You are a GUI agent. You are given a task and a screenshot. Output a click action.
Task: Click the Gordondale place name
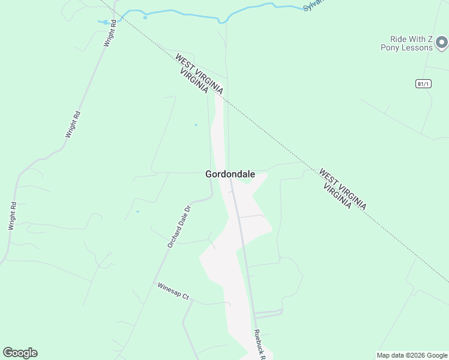point(230,175)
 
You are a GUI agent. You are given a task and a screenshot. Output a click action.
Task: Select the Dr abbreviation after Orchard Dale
point(188,209)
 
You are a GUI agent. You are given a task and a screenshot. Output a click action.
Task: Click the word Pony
point(390,47)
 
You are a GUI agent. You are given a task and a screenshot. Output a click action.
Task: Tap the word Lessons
point(417,47)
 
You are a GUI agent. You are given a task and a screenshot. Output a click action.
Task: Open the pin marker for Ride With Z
point(442,42)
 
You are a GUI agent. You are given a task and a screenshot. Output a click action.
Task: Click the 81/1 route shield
point(423,84)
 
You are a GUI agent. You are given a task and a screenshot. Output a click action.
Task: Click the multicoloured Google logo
point(20,353)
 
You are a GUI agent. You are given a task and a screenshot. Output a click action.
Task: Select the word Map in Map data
point(384,355)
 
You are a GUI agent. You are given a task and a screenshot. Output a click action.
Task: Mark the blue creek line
point(180,13)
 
